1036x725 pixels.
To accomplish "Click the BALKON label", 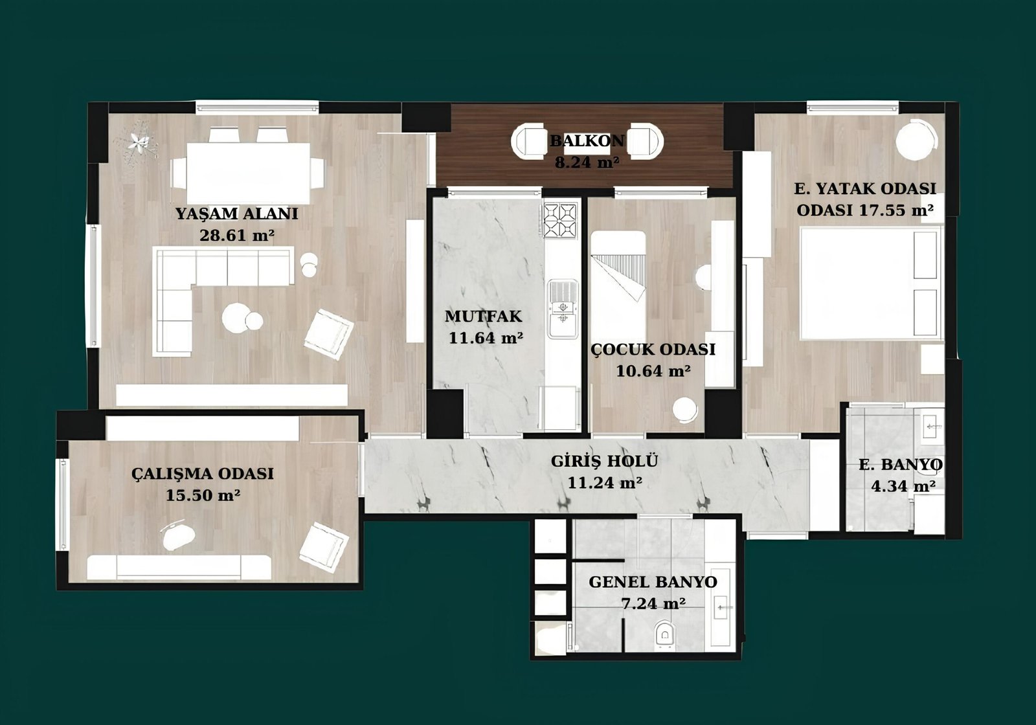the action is coord(587,140).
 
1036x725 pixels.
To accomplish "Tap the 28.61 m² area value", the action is coord(237,236).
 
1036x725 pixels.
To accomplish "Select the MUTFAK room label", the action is coord(483,317).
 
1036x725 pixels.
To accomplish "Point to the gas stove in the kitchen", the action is coord(559,220).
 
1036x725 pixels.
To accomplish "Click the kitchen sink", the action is coord(563,309).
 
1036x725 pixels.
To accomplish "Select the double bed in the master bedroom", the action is coord(872,284).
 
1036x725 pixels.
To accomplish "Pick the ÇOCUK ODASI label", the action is coord(653,350).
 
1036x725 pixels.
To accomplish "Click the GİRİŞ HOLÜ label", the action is coord(604,461).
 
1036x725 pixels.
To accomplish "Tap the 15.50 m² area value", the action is coord(203,496).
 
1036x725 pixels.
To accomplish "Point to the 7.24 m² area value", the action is coord(653,604).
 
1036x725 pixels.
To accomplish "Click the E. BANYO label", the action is coord(900,465).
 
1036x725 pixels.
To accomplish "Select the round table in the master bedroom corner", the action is coord(917,140).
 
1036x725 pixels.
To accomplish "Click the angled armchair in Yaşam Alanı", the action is coord(329,334).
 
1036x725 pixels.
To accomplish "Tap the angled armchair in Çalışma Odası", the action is coord(324,548).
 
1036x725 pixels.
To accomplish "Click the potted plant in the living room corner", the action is coord(139,142).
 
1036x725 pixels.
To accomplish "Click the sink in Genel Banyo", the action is coord(722,606).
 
